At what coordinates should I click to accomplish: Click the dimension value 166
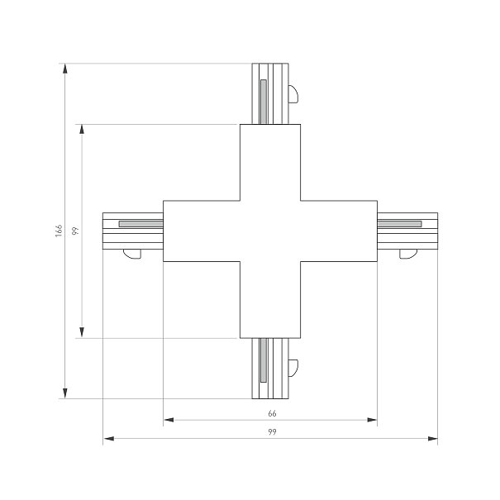(59, 231)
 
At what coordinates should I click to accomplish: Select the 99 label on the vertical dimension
(75, 231)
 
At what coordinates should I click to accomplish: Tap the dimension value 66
(272, 413)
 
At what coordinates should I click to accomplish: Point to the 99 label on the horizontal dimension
(272, 432)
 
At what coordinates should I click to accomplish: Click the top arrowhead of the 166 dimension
(65, 69)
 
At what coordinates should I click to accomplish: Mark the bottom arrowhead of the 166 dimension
(65, 393)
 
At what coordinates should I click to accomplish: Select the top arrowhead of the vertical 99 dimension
(82, 129)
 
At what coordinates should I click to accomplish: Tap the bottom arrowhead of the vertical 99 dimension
(82, 332)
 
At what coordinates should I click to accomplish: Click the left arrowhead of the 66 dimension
(169, 420)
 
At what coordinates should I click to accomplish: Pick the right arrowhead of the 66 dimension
(372, 420)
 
